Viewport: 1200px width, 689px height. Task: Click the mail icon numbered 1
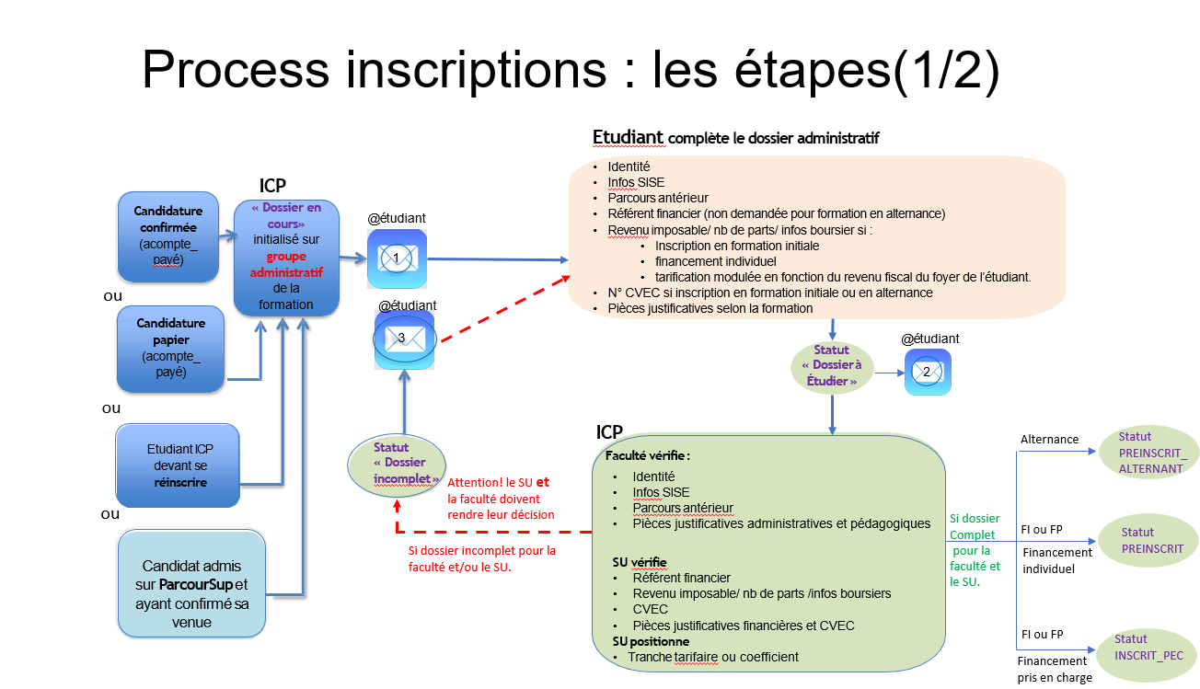tap(397, 258)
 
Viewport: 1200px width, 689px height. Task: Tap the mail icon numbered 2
tap(928, 372)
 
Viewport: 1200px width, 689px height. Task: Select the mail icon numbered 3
tap(402, 339)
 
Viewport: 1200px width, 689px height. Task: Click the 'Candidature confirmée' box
tap(168, 236)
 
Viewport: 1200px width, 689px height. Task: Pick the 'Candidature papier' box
tap(170, 348)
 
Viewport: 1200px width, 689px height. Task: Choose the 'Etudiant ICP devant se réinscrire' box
tap(178, 465)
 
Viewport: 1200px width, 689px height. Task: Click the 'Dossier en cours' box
tap(286, 258)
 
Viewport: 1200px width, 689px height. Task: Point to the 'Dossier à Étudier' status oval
tap(832, 366)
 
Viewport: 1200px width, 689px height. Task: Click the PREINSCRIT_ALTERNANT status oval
tap(1150, 453)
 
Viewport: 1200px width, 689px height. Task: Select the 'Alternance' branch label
tap(1049, 440)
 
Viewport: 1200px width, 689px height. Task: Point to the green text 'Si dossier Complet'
tap(975, 526)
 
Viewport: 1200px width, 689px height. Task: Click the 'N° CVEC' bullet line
tap(770, 293)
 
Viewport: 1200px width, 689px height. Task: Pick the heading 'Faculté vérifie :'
tap(648, 456)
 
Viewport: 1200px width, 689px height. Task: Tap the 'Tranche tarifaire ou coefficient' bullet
tap(713, 657)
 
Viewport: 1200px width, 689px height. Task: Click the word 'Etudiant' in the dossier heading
tap(628, 138)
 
